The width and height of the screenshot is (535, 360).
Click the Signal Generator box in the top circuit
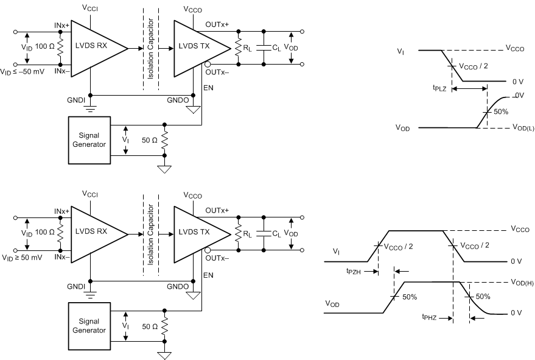(89, 140)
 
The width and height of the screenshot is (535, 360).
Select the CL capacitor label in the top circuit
(277, 48)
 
